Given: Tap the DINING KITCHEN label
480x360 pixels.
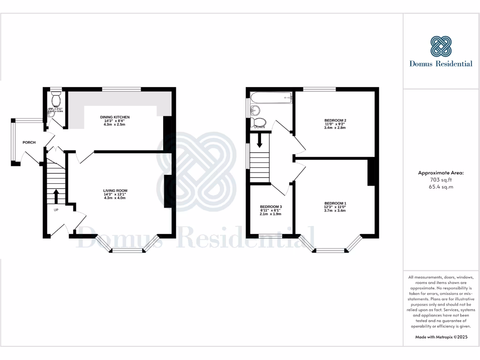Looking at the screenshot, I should click(115, 117).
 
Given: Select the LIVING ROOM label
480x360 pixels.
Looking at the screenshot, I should click(115, 190).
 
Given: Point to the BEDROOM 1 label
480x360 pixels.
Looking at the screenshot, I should click(335, 203).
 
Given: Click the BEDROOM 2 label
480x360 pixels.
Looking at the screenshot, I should click(335, 120).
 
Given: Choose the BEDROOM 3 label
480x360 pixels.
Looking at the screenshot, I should click(271, 207).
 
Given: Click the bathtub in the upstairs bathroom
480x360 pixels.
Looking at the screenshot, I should click(271, 97).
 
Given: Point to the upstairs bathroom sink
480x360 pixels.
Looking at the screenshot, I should click(255, 111).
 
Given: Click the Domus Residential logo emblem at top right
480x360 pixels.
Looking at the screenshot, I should click(441, 46).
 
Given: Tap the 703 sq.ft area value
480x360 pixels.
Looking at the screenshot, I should click(441, 180).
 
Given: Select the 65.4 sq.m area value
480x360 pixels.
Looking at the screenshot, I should click(441, 187).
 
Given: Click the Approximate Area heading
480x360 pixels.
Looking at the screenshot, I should click(441, 173).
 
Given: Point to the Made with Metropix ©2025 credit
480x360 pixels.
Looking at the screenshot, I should click(441, 337).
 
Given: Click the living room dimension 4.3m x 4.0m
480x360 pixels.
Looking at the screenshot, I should click(115, 198).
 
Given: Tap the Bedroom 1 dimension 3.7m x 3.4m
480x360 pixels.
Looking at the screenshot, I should click(335, 210).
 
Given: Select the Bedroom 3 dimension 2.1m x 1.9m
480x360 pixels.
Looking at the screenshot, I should click(271, 214).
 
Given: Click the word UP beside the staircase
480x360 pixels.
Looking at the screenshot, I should click(56, 210).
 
